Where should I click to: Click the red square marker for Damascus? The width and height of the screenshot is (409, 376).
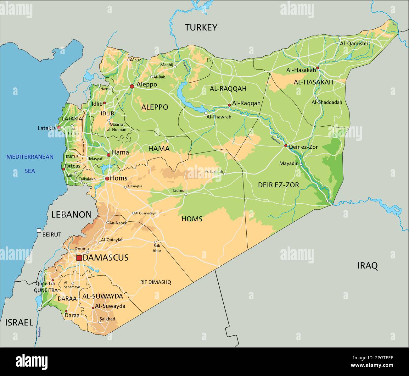pos(79,258)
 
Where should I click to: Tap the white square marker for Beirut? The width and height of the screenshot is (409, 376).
pos(39,230)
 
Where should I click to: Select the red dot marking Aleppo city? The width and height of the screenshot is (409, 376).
pos(132,86)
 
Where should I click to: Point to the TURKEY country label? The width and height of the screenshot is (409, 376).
pos(201,28)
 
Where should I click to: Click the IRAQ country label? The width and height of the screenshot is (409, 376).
pos(367,266)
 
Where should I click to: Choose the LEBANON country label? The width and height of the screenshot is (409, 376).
pos(71,215)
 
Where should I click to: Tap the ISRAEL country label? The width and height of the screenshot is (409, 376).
pos(19,322)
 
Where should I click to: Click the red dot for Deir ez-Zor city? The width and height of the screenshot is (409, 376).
pos(286,146)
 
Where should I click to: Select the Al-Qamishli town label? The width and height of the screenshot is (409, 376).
pos(354,44)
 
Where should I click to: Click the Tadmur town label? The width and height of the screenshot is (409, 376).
pos(179,191)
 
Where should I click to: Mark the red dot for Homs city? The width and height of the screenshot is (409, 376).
pos(107,179)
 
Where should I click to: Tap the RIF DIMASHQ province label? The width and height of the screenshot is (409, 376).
pos(155,282)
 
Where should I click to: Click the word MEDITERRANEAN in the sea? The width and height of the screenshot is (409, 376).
pos(30,157)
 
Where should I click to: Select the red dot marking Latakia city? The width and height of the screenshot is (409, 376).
pos(59,127)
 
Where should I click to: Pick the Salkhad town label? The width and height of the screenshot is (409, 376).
pos(107,319)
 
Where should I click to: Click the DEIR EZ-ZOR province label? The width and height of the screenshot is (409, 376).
pos(278,185)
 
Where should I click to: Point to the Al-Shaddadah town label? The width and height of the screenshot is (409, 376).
pos(327,102)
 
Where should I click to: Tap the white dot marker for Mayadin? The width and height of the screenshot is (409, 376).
pos(301,164)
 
